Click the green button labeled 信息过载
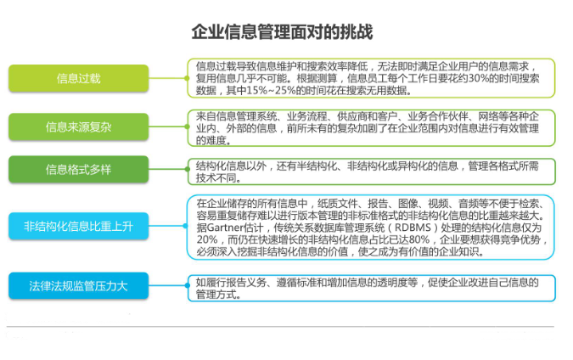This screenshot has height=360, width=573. pos(78,78)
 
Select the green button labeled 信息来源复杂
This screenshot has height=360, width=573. pos(78,127)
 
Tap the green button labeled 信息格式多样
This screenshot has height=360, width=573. pos(78,170)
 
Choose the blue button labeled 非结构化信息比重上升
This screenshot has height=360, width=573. pos(78,226)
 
